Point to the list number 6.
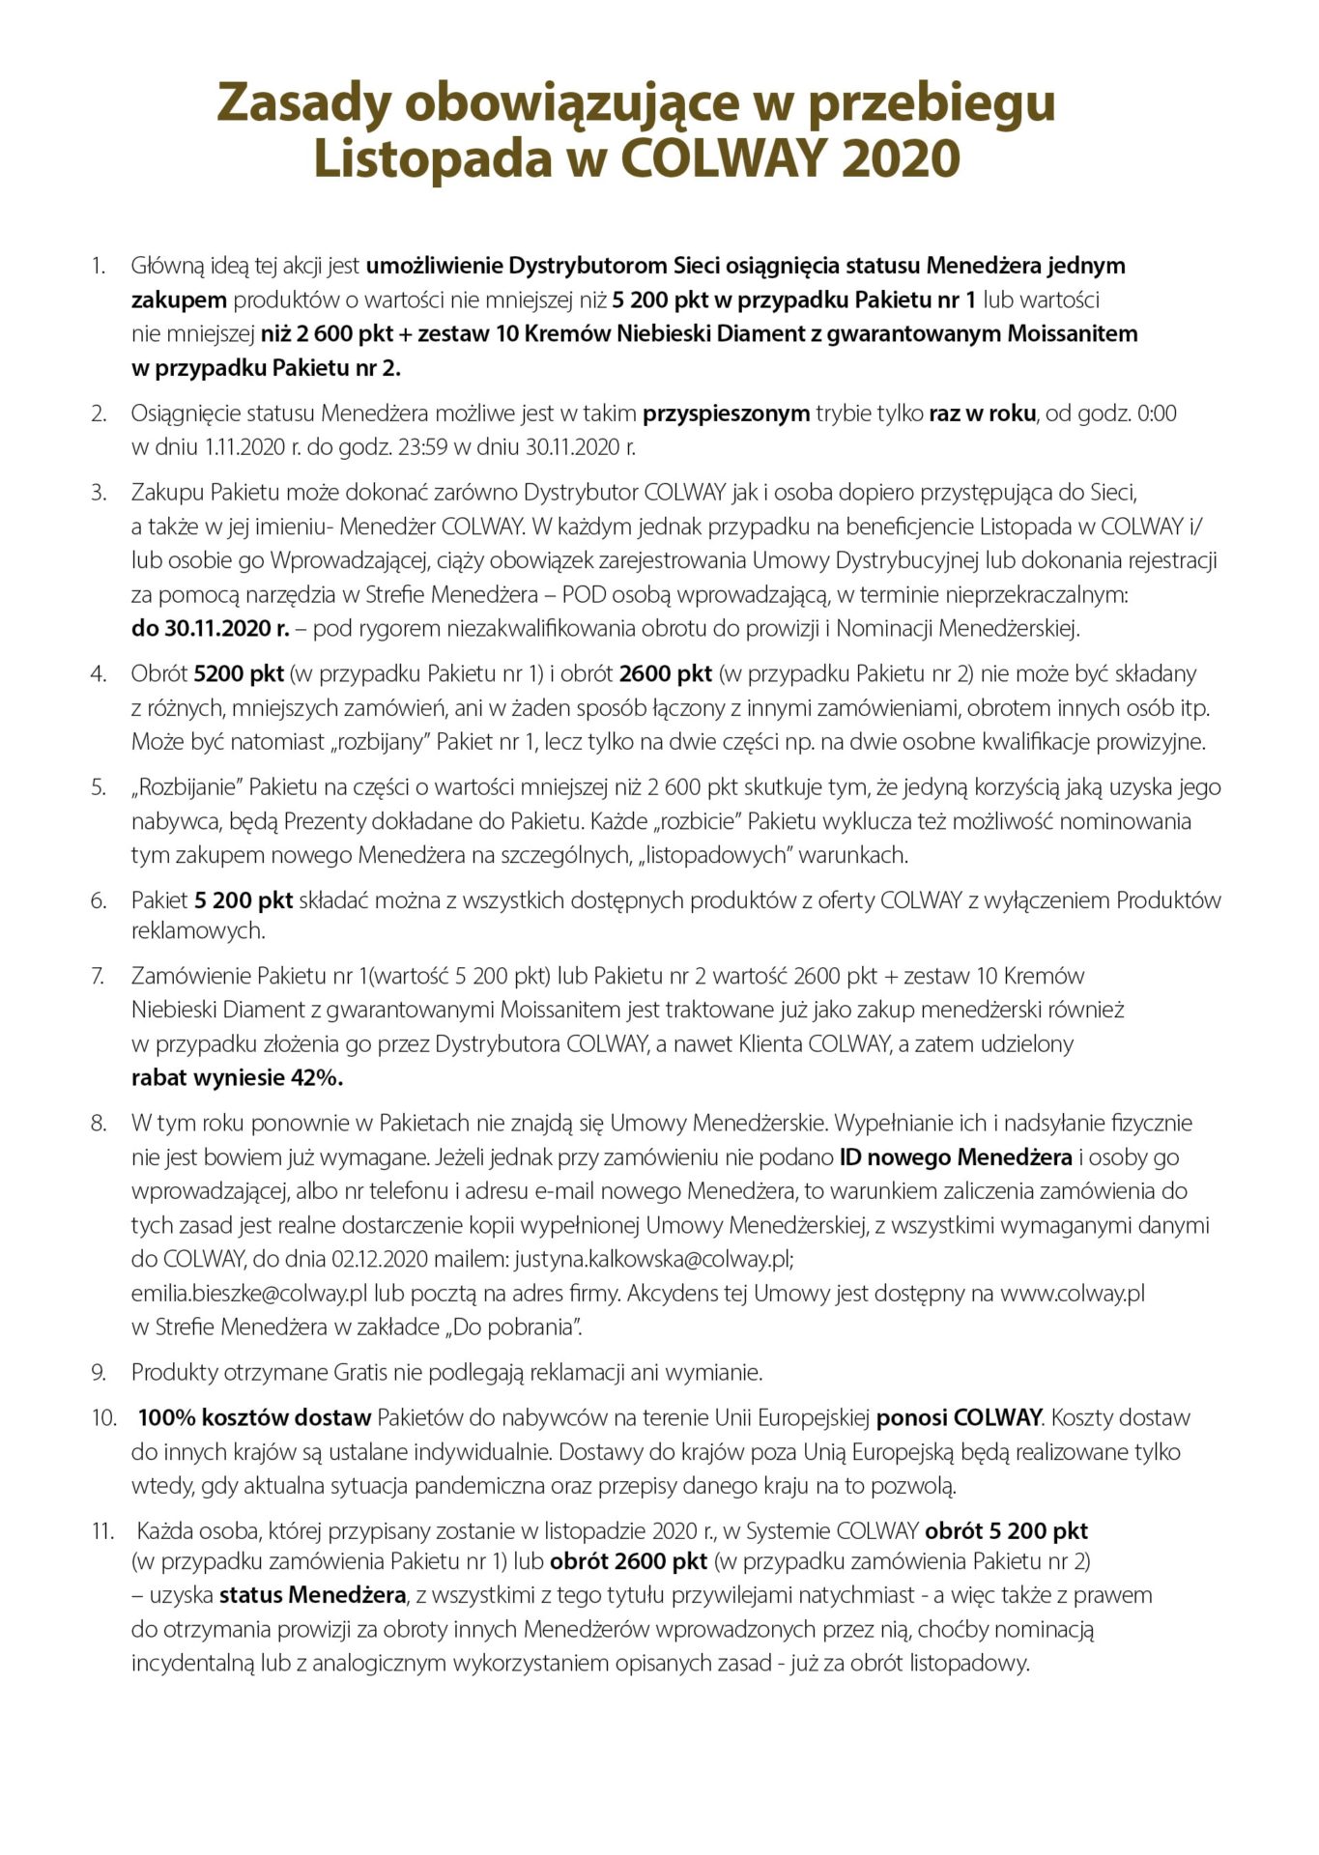click(x=98, y=900)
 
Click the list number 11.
click(x=102, y=1530)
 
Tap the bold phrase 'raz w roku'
click(x=983, y=414)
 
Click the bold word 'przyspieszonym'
click(x=727, y=414)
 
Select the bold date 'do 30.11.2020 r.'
click(x=210, y=629)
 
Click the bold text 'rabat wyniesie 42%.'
click(x=238, y=1078)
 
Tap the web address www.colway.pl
click(x=1072, y=1294)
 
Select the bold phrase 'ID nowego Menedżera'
click(x=956, y=1157)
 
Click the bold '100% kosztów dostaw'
click(x=255, y=1417)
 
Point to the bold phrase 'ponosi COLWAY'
click(x=959, y=1417)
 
